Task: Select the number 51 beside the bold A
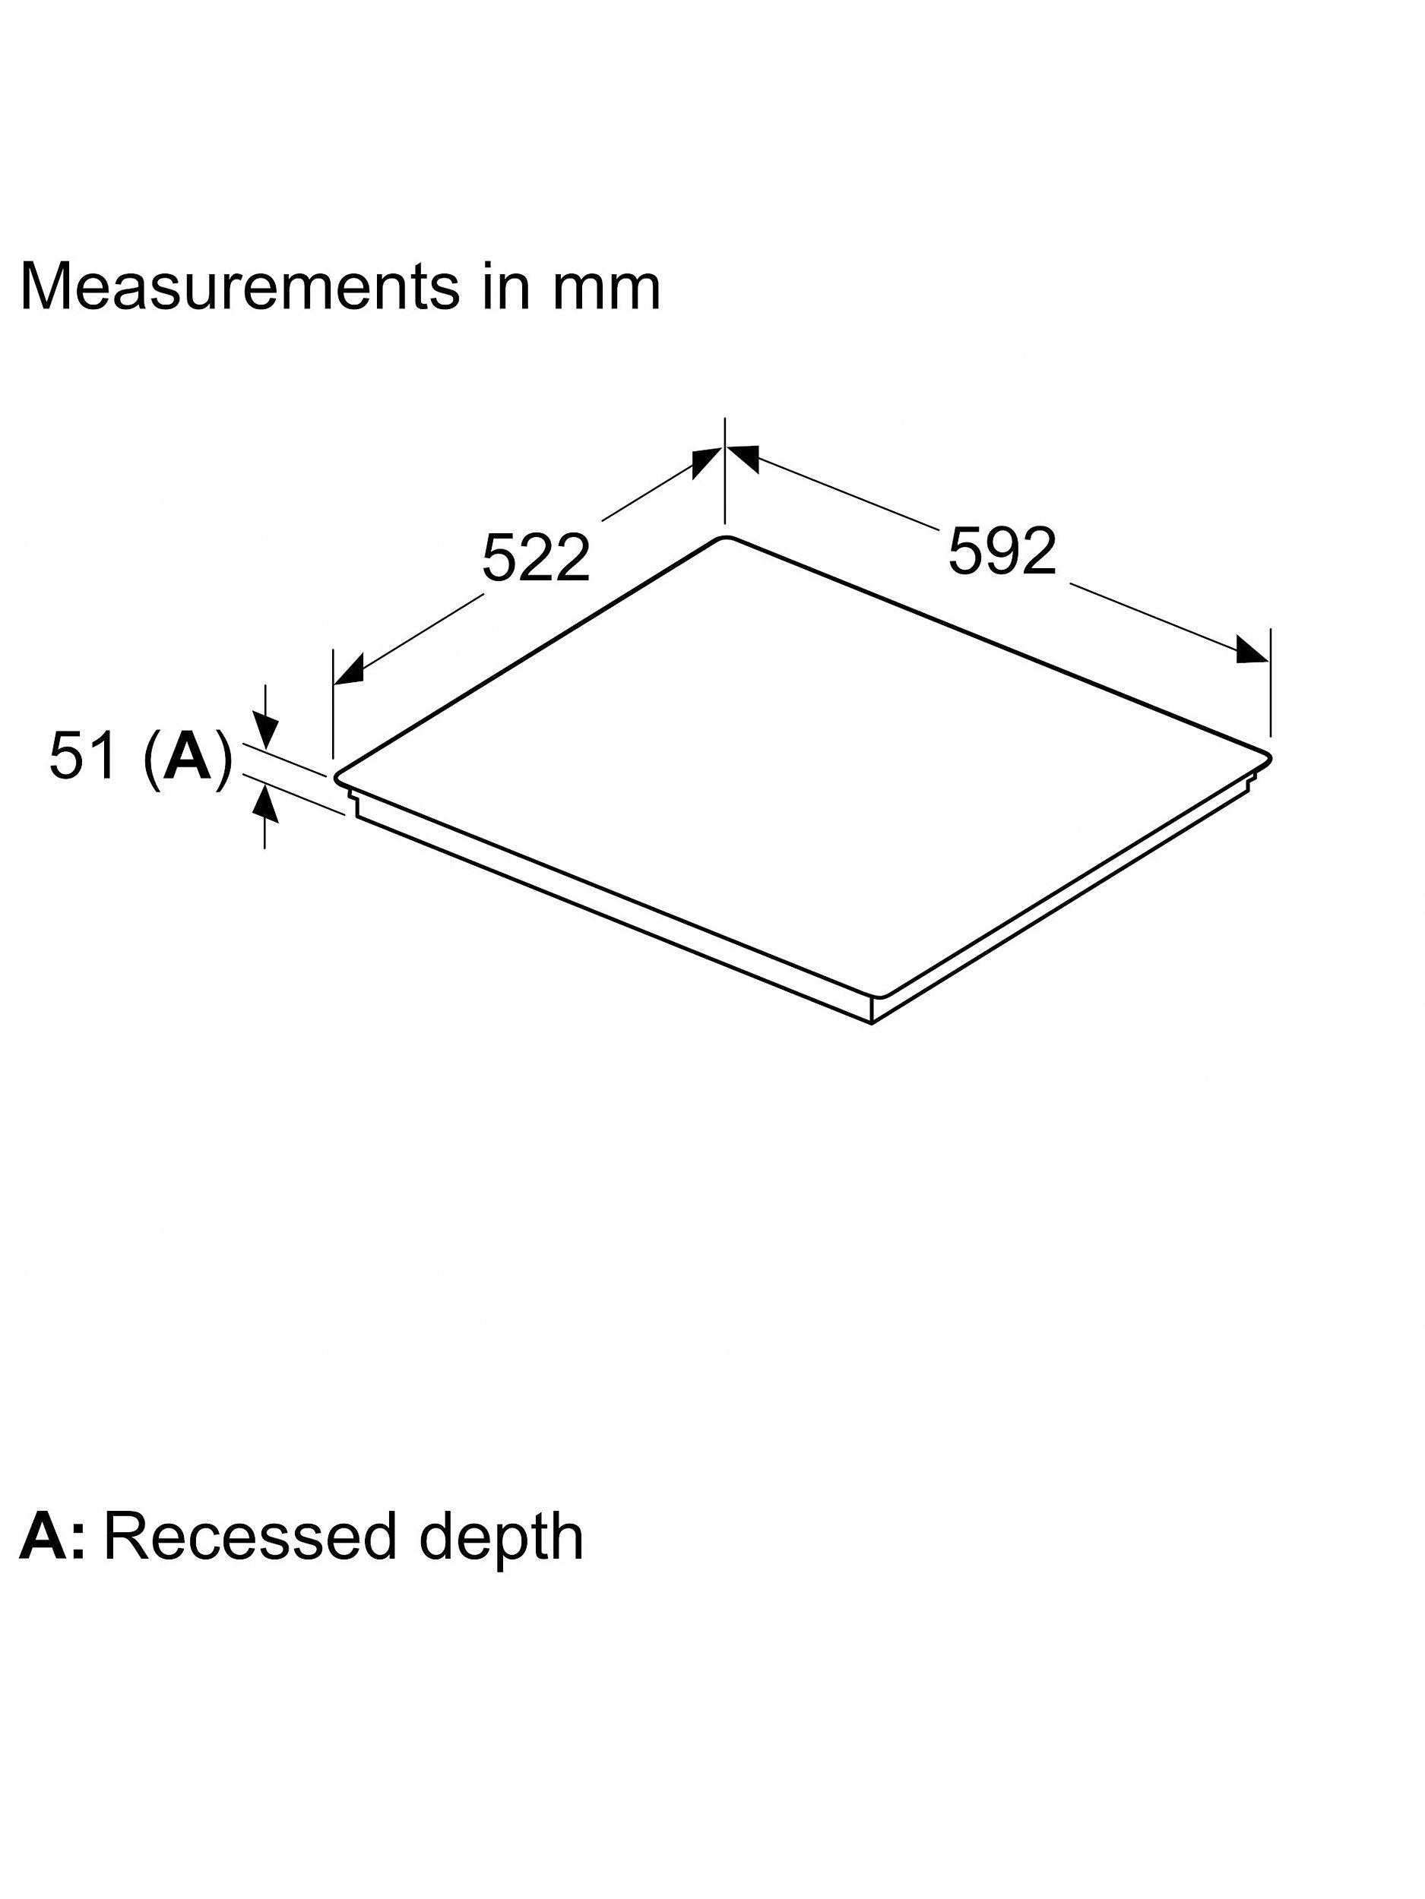click(82, 756)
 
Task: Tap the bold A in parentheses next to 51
click(187, 756)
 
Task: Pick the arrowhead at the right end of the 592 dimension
click(1252, 650)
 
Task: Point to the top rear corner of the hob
click(727, 538)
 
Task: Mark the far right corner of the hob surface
click(1268, 759)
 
